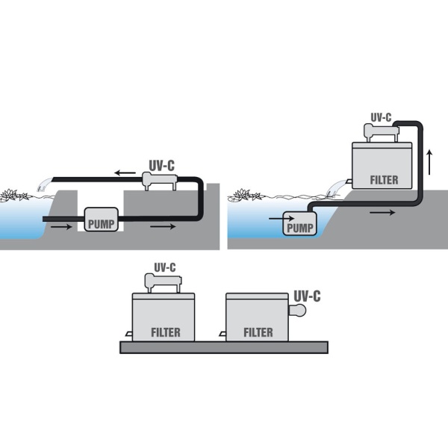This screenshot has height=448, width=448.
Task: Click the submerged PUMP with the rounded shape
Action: click(x=299, y=228)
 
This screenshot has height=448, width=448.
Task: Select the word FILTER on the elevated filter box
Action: click(x=384, y=180)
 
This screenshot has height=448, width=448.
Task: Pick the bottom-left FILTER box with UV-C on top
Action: click(x=164, y=317)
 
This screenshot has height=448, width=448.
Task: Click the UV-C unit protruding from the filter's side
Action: click(x=299, y=311)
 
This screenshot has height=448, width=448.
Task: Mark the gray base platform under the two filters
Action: click(x=224, y=347)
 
